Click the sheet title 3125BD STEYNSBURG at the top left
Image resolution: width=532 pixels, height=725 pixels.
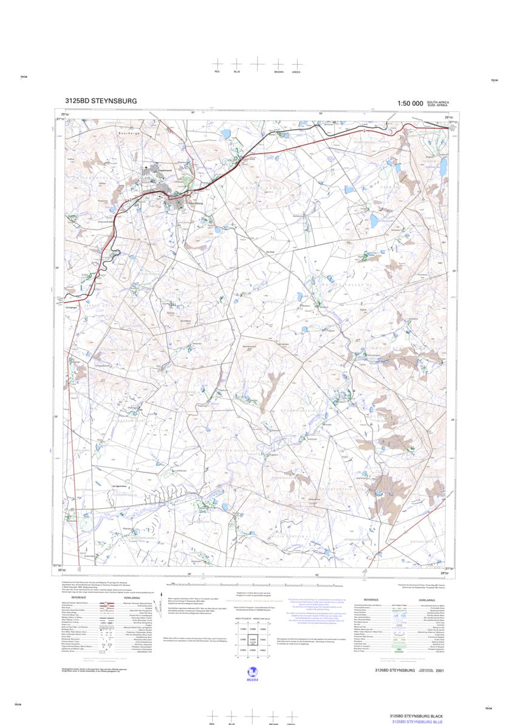(x=101, y=101)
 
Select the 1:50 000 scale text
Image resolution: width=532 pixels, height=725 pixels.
(x=410, y=104)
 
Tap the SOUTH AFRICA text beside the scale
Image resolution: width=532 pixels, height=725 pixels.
(x=438, y=102)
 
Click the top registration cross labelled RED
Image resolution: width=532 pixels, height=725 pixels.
(x=217, y=64)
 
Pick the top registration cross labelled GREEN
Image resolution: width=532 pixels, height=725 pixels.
(x=296, y=64)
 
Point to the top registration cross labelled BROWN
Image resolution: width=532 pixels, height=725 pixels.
(x=278, y=64)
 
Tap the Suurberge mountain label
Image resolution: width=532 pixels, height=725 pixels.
(x=129, y=132)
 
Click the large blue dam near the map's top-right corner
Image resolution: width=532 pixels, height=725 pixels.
(x=443, y=166)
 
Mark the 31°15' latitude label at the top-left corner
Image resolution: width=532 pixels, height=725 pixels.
(x=60, y=120)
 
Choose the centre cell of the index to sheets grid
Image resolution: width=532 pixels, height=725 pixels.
(x=253, y=640)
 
